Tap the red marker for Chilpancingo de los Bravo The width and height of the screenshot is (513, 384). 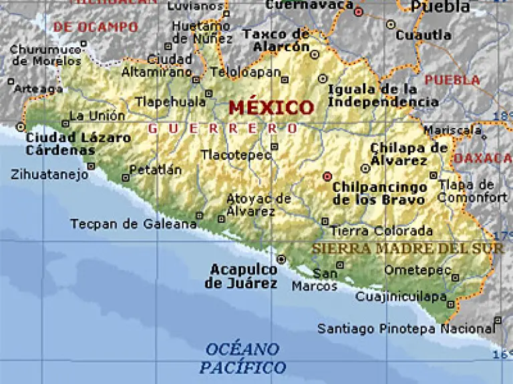[327, 177]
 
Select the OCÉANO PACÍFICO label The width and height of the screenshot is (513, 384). [242, 358]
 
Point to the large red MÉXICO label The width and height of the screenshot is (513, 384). [271, 107]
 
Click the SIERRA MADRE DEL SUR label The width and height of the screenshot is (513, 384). [407, 248]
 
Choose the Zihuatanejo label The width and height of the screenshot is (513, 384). [49, 175]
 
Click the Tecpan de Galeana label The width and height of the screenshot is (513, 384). [134, 224]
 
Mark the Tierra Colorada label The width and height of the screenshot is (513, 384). [381, 231]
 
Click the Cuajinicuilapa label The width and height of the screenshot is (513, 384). [401, 297]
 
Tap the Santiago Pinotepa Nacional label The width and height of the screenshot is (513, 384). [405, 329]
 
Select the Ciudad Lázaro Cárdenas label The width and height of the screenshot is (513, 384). [77, 144]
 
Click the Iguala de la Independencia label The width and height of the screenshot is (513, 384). [383, 95]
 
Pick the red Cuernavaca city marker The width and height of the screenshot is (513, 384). [358, 11]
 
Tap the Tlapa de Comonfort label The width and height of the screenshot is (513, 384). [473, 191]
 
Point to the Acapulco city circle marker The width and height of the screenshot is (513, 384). [281, 259]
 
